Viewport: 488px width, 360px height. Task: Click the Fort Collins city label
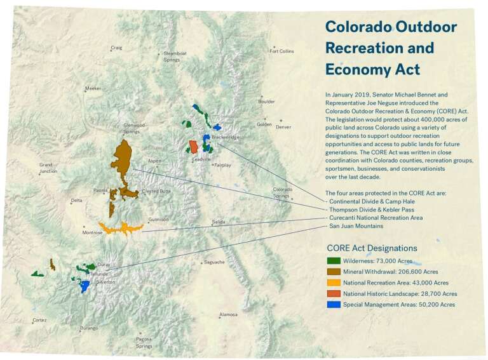[x=281, y=51]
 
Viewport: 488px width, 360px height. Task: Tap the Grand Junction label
[x=48, y=168]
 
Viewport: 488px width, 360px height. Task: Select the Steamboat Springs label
[x=175, y=57]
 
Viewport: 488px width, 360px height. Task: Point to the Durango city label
[x=89, y=328]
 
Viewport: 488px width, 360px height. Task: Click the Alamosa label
[x=229, y=315]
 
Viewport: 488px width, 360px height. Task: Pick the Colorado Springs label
[x=283, y=192]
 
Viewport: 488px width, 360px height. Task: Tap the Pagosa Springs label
[x=144, y=342]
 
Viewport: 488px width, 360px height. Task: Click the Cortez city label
[x=39, y=320]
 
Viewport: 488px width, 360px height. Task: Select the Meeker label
[x=93, y=89]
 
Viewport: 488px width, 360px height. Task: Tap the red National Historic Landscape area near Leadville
[x=193, y=147]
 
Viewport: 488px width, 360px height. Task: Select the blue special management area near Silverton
[x=84, y=286]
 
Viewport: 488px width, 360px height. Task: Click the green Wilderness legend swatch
[x=334, y=261]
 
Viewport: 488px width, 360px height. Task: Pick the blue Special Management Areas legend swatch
[x=334, y=304]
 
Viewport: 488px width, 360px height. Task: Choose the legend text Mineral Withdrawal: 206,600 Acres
[x=391, y=272]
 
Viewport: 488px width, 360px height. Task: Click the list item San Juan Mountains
[x=356, y=226]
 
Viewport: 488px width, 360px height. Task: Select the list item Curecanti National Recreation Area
[x=376, y=218]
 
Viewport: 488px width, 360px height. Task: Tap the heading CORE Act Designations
[x=372, y=248]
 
